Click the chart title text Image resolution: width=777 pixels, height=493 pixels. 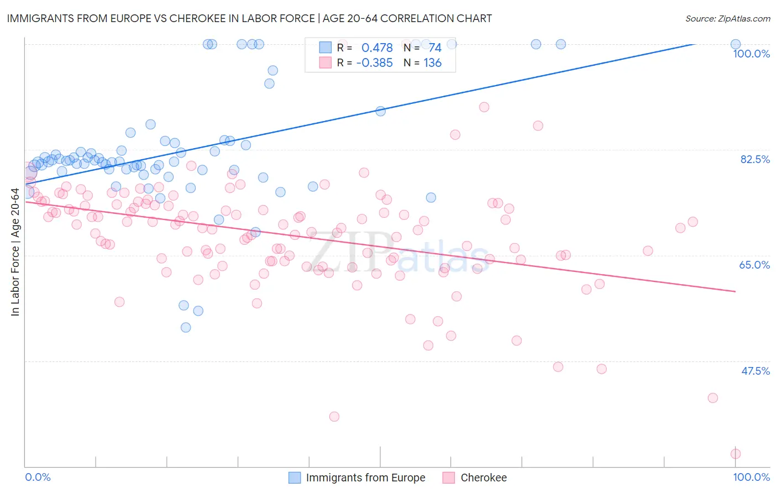(x=249, y=18)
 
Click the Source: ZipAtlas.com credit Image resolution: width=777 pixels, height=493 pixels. (x=727, y=18)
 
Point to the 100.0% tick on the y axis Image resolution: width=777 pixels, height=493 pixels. (x=751, y=54)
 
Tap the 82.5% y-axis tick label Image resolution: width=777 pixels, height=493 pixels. (x=755, y=159)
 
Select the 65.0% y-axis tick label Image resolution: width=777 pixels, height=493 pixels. (x=754, y=265)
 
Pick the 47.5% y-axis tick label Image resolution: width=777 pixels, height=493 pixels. (x=755, y=371)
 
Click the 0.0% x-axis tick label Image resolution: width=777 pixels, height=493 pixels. (x=38, y=477)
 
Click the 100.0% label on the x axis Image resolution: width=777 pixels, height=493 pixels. (x=751, y=477)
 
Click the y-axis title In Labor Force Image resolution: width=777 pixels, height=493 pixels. (x=15, y=252)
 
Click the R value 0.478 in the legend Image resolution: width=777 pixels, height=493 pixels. (x=377, y=48)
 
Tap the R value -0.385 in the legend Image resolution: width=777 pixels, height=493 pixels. (x=374, y=62)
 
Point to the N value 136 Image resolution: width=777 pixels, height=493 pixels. (x=432, y=62)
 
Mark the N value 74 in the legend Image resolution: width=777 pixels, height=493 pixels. (x=435, y=48)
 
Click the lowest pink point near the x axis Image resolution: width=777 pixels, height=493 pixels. (x=736, y=454)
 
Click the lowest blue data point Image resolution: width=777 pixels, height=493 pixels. (x=186, y=327)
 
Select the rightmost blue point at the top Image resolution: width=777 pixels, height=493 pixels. (x=736, y=44)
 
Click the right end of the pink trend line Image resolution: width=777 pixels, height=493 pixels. (x=736, y=291)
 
